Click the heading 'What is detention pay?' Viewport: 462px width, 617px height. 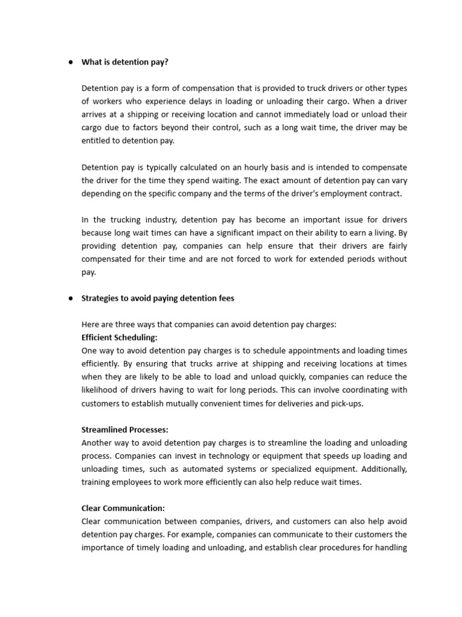[x=125, y=62]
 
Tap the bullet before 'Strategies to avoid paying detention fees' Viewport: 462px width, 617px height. [x=70, y=298]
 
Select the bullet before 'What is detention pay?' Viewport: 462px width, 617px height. [x=70, y=62]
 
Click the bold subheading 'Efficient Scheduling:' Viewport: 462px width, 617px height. [x=119, y=337]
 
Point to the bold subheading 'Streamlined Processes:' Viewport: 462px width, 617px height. [x=125, y=430]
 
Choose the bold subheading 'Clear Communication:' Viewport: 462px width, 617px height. [x=123, y=508]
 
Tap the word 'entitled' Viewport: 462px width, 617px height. [x=96, y=140]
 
